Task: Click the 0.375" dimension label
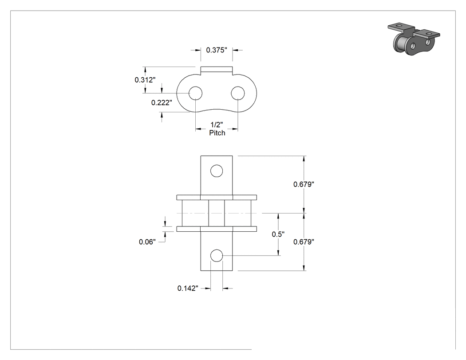pos(217,50)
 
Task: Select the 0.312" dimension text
pos(145,79)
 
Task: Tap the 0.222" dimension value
pos(162,103)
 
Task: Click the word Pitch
pos(217,133)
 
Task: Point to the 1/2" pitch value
pos(217,125)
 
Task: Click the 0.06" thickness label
pos(147,242)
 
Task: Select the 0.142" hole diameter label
pos(188,289)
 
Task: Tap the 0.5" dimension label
pos(278,234)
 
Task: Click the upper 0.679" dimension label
pos(304,184)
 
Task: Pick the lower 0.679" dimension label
pos(304,242)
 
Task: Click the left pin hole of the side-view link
pos(196,93)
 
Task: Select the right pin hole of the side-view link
pos(238,93)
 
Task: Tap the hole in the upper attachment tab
pos(217,171)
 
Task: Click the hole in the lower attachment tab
pos(217,256)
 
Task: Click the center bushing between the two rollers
pos(217,213)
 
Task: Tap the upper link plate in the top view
pos(217,198)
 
